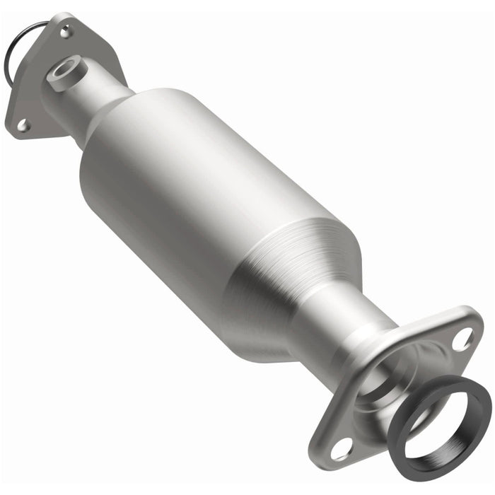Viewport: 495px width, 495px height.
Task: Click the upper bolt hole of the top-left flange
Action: (x=66, y=30)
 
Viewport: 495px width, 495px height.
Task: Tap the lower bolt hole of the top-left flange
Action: (x=22, y=124)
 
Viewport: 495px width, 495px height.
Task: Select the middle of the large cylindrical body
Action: (x=205, y=205)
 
